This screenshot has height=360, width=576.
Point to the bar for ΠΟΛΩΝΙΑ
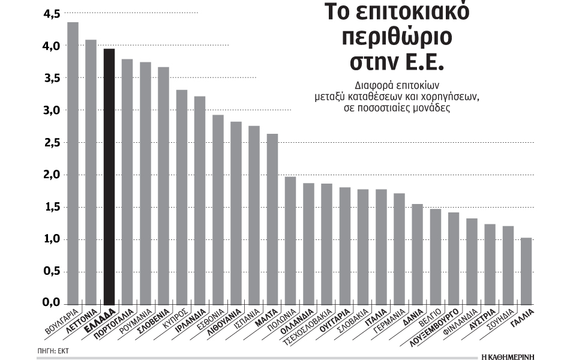pyautogui.click(x=290, y=240)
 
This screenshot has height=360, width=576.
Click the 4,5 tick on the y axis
pyautogui.click(x=52, y=13)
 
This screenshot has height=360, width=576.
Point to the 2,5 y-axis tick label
pyautogui.click(x=52, y=143)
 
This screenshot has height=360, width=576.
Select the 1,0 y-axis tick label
pyautogui.click(x=52, y=239)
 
